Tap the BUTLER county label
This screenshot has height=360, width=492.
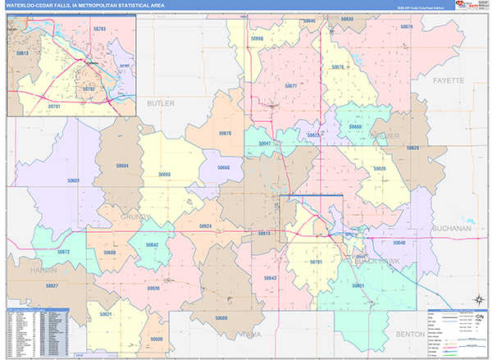point(161,103)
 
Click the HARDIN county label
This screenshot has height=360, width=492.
point(40,270)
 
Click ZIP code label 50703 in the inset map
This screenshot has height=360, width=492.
point(100,28)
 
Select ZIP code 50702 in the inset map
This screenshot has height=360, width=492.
point(89,88)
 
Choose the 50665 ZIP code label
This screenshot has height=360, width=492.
point(165,174)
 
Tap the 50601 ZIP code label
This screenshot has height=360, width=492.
point(74,180)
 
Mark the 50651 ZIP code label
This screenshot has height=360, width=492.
point(358,285)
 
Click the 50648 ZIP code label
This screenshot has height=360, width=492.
point(399,243)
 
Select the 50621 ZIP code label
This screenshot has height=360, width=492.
point(105,314)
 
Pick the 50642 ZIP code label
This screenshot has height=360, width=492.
point(152,244)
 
